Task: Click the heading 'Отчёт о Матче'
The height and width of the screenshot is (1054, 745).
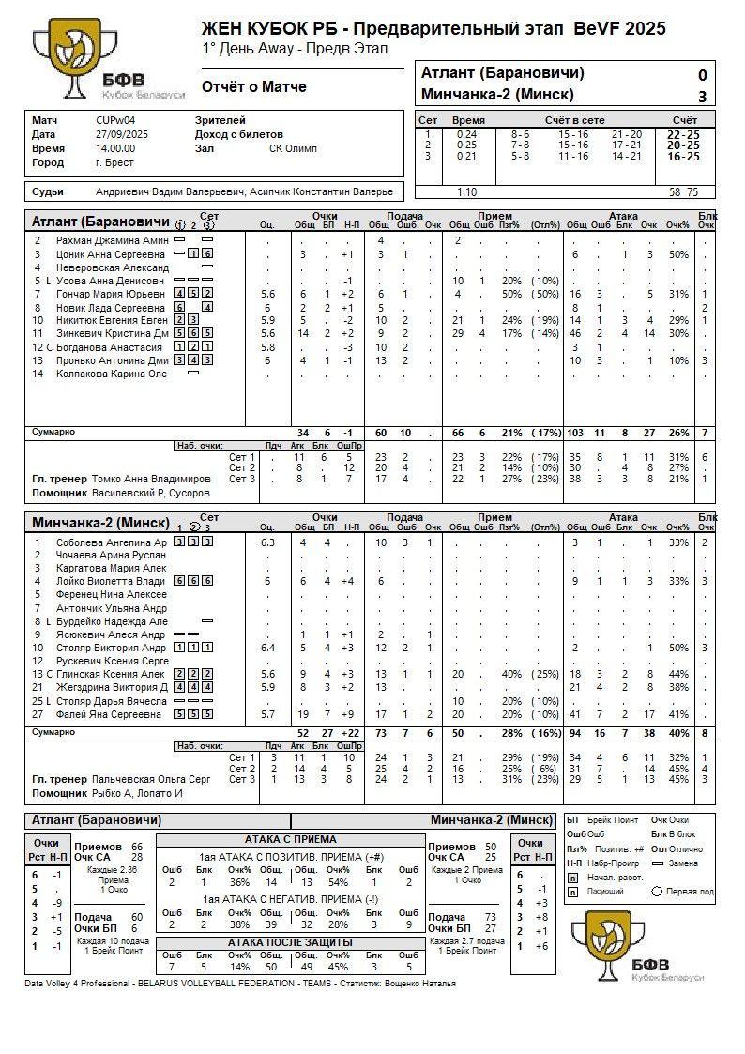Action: pos(254,87)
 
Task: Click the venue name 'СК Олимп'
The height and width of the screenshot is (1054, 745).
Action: pos(293,148)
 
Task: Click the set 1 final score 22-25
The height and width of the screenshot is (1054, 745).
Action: pos(682,134)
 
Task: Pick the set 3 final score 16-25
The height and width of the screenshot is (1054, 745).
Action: pos(682,156)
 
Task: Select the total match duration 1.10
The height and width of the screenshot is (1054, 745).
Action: pos(466,191)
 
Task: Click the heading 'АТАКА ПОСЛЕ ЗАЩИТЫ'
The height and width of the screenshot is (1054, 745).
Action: pos(291,942)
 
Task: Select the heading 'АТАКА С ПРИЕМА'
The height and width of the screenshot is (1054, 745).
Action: pos(291,839)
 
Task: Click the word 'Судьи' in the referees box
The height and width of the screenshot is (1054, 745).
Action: pos(48,191)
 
